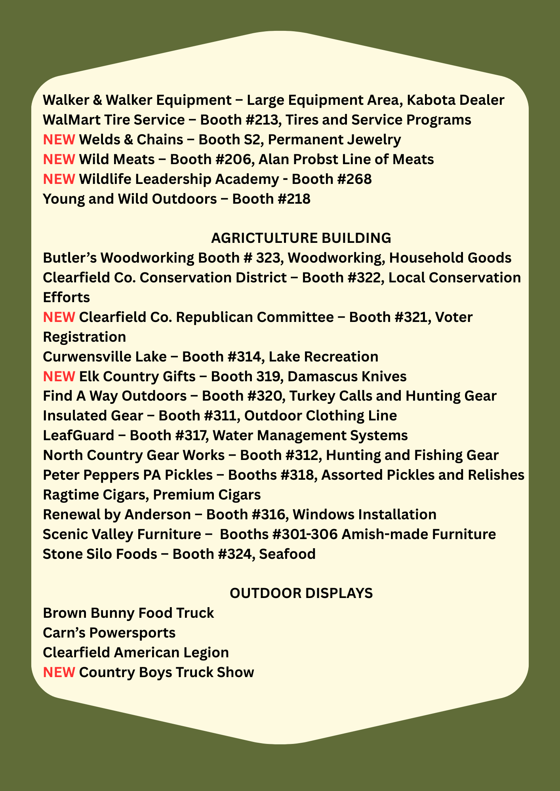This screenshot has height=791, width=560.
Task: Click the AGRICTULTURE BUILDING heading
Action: click(301, 238)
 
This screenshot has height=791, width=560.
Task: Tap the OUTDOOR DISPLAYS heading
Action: click(301, 593)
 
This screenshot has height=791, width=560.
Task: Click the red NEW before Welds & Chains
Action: click(59, 140)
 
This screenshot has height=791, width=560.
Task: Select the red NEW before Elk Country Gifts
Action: click(59, 377)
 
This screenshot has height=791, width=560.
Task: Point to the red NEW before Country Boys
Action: click(59, 672)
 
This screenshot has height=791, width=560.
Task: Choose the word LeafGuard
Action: click(78, 435)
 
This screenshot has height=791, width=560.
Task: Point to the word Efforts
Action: click(66, 297)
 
